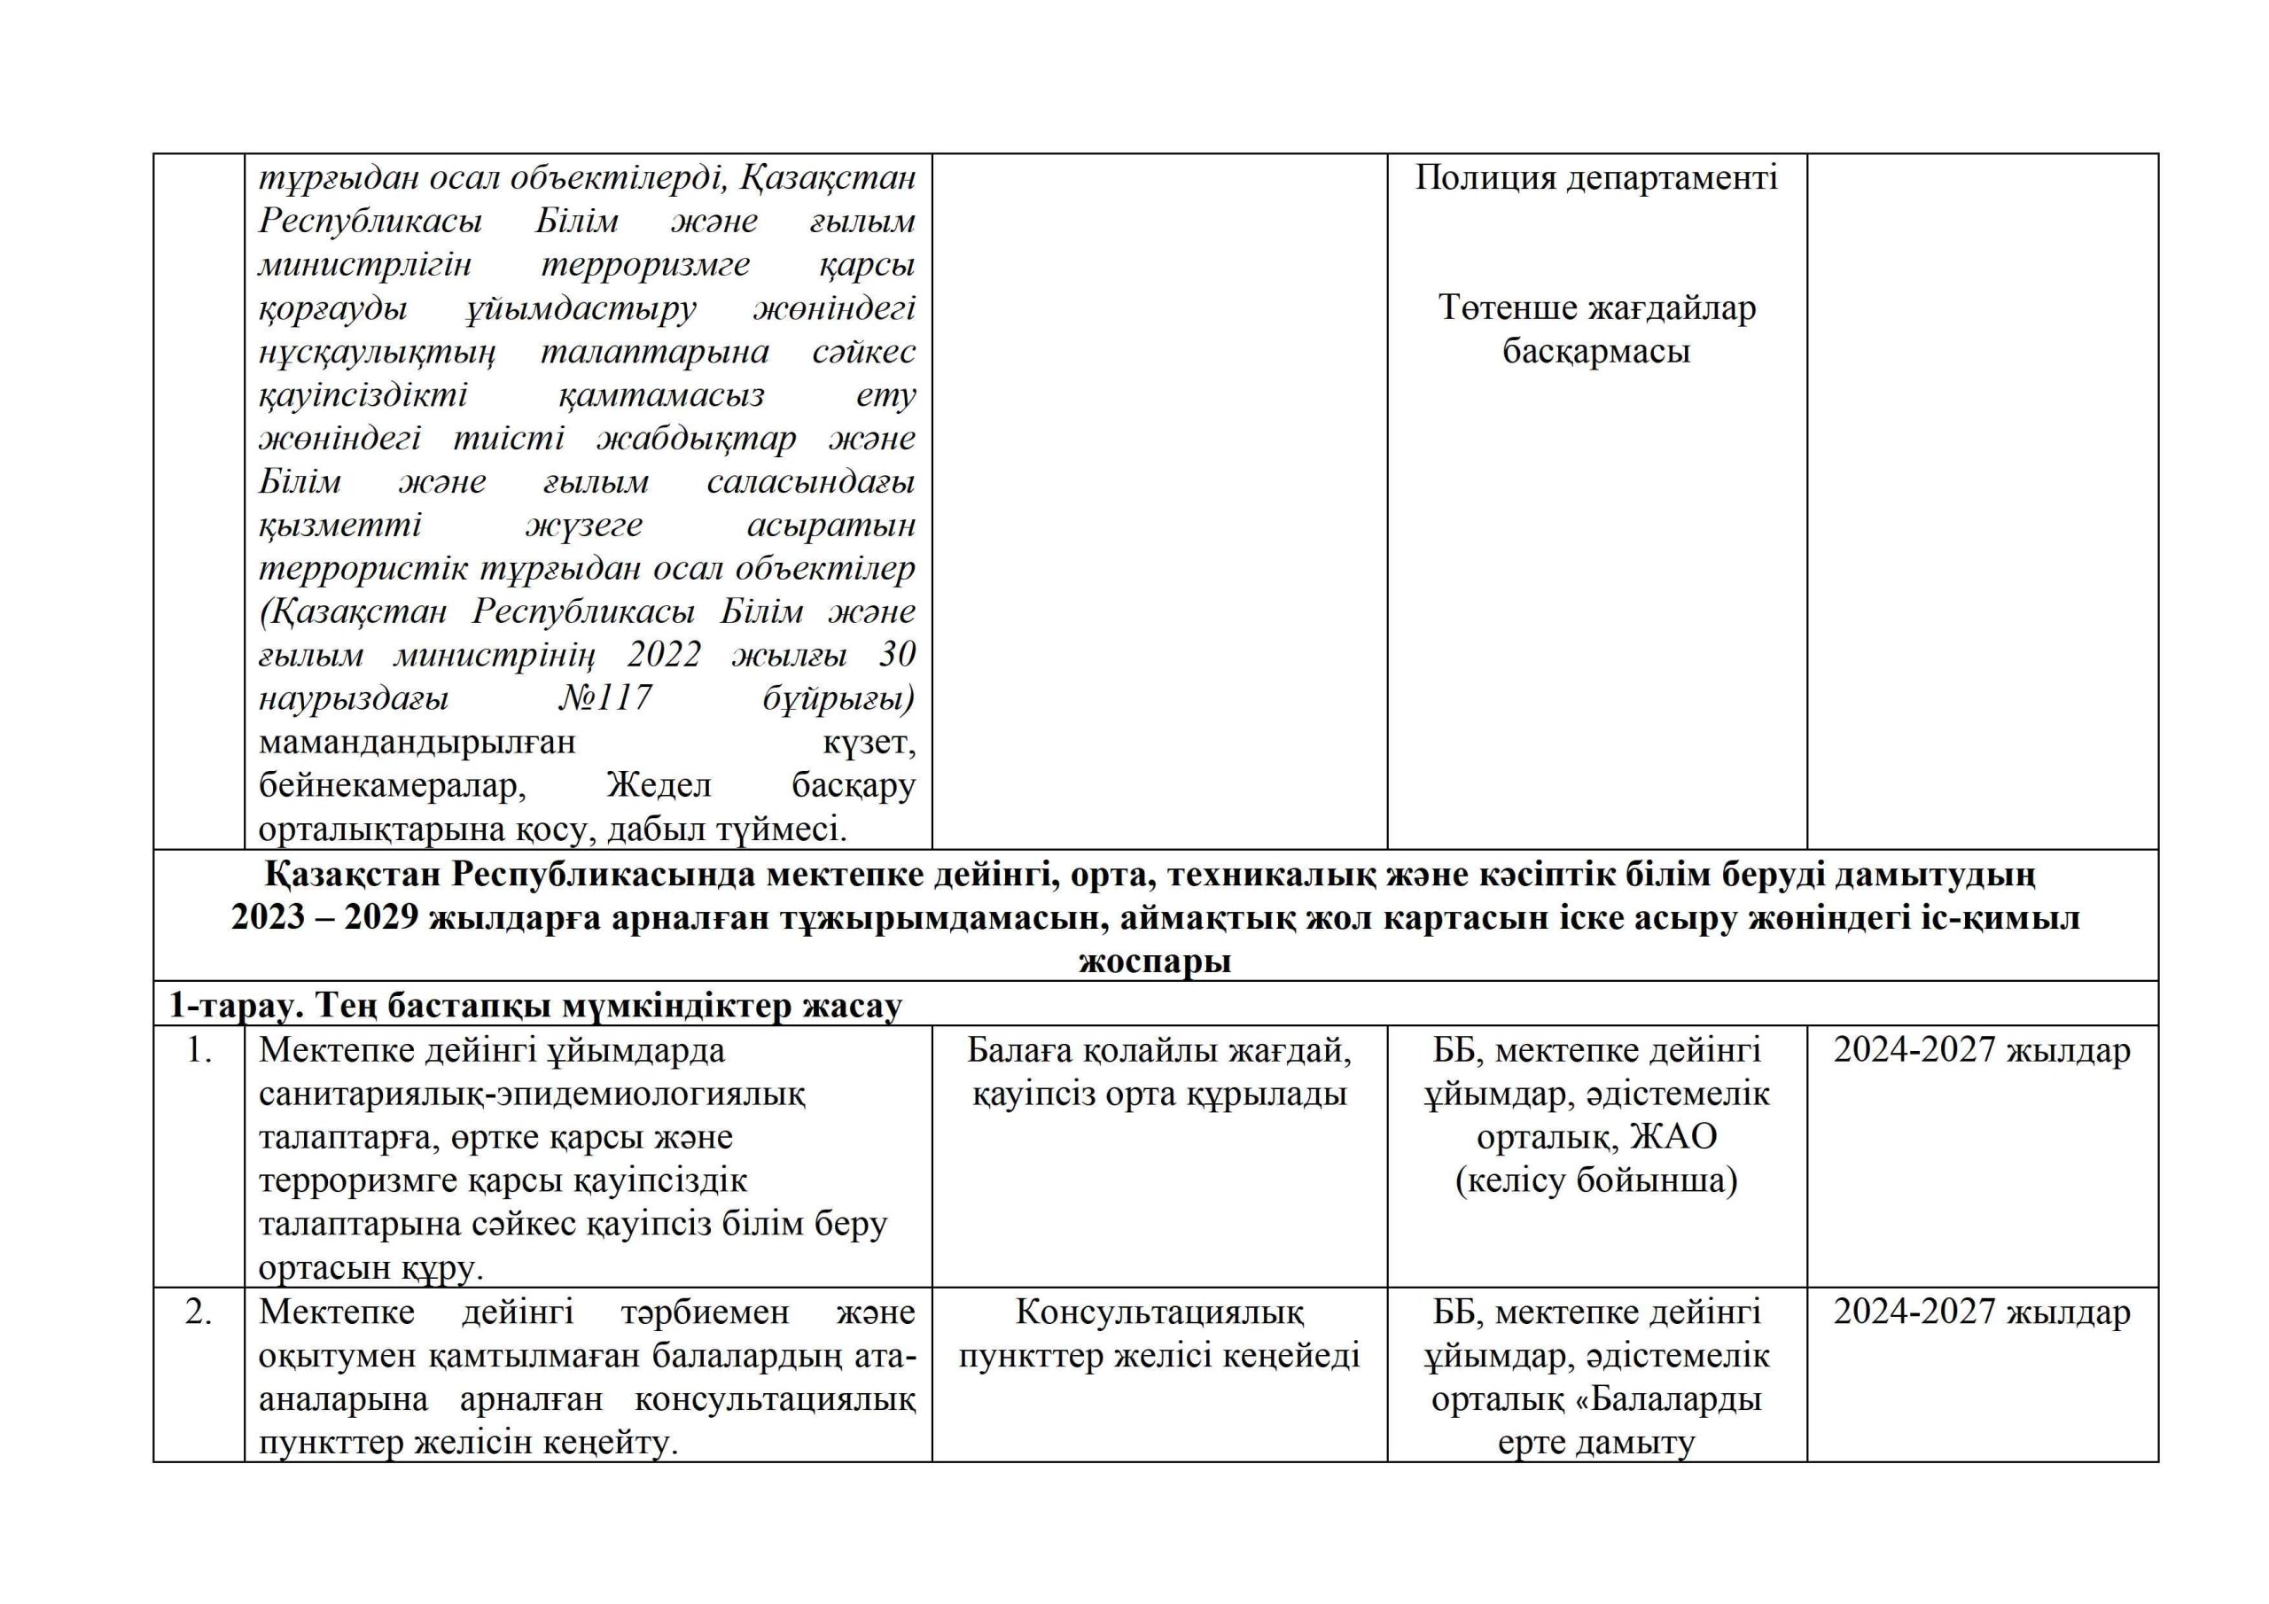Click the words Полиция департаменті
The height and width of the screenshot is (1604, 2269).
(1596, 178)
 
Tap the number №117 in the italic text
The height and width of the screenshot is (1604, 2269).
(604, 698)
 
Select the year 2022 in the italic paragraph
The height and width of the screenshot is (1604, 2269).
(664, 655)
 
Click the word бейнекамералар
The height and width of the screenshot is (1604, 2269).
(392, 786)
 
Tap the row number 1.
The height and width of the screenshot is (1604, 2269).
(199, 1050)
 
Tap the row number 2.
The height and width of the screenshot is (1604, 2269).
(199, 1312)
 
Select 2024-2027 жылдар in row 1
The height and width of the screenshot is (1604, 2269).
(1982, 1050)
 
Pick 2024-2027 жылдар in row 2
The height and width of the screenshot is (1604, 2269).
(1982, 1312)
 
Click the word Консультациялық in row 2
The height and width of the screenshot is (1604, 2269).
(1159, 1312)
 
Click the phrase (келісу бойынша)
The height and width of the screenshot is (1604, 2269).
(1596, 1181)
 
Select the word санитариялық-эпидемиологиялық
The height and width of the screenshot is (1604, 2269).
(532, 1094)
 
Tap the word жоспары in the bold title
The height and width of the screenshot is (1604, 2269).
(1155, 962)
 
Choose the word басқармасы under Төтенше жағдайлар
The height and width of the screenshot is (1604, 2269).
(1596, 352)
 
